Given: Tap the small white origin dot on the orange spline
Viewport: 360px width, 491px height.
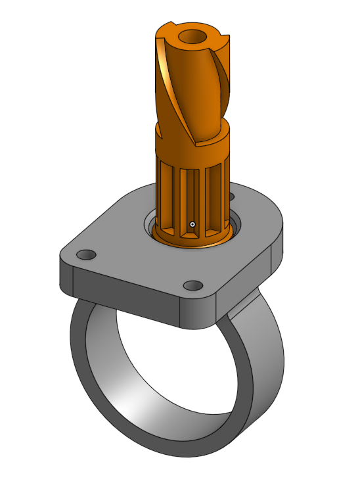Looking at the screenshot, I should click(x=192, y=224).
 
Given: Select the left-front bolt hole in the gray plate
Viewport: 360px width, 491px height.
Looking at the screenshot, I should click(x=85, y=254).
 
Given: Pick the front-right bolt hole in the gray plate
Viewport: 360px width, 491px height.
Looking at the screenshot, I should click(x=192, y=286).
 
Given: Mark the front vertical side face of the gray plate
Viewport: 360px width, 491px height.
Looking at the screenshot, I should click(x=125, y=296).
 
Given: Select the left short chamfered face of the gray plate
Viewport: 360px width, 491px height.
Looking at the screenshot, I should click(x=66, y=277).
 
